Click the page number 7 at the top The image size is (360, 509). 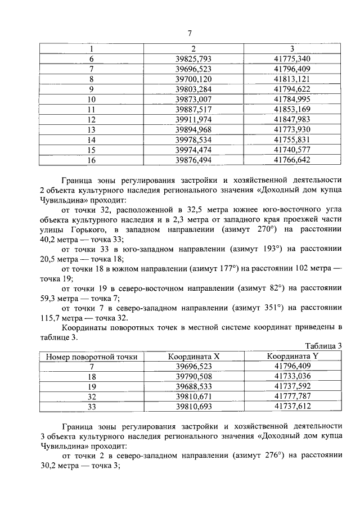pos(190,34)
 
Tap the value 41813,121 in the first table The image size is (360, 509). pos(291,79)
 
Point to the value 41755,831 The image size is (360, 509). pos(291,139)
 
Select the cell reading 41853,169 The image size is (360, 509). pos(291,109)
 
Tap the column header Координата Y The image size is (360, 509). pos(292,356)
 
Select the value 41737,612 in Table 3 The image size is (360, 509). pos(292,407)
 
